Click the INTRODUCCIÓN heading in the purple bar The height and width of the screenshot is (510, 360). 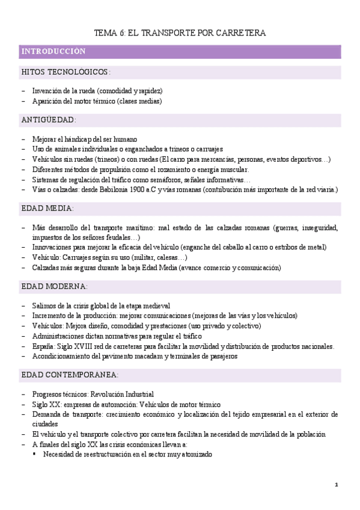(x=53, y=52)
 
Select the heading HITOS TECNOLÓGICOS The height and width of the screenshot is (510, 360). (x=66, y=72)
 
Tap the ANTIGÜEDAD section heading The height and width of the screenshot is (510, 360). (x=49, y=120)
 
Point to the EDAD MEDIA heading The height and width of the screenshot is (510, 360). (x=47, y=208)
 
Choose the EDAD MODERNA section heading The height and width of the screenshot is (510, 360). (x=54, y=286)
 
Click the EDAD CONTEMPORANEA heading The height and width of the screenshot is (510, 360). (x=70, y=375)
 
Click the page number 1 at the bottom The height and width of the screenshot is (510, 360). (x=337, y=485)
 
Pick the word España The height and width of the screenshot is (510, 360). (x=43, y=346)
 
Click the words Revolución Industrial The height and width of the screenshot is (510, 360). (x=123, y=394)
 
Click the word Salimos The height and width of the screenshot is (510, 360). (x=44, y=306)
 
